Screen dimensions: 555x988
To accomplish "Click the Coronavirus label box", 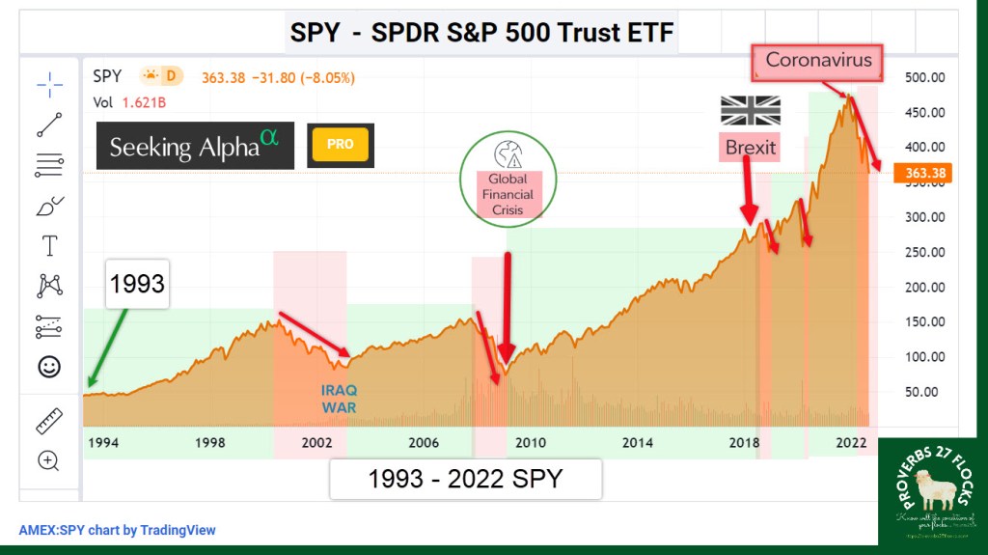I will tap(818, 60).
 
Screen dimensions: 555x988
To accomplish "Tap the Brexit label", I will tap(750, 147).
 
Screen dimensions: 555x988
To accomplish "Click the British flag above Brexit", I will tap(750, 110).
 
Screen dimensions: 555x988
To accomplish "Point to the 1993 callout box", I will tap(136, 285).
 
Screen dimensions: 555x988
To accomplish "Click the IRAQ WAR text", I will tap(340, 399).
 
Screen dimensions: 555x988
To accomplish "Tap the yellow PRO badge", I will tap(340, 145).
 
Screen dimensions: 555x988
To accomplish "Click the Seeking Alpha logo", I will tap(194, 146).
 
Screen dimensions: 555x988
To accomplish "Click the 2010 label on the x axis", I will tap(530, 443).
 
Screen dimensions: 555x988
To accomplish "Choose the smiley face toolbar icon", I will tap(48, 367).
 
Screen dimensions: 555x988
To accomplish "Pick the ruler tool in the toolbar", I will tap(48, 421).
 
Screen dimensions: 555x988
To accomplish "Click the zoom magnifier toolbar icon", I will tap(48, 460).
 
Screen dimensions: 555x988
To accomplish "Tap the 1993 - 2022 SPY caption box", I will tap(465, 480).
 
